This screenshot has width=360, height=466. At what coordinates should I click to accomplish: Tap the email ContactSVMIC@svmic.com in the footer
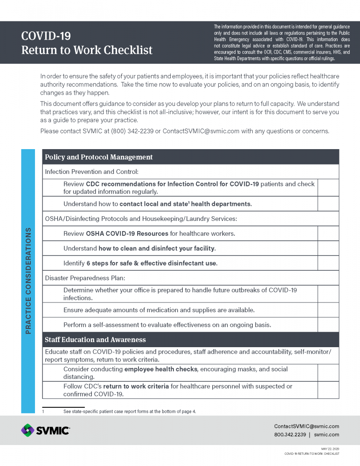(306, 426)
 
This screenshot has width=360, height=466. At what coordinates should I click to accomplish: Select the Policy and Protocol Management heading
(99, 157)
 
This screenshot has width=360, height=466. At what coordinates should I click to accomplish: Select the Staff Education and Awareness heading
(95, 340)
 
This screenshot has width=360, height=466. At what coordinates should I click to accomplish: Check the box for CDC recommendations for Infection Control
(328, 187)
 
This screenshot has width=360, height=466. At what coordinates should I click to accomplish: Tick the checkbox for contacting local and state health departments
(328, 204)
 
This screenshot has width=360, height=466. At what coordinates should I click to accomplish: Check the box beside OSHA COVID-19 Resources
(328, 233)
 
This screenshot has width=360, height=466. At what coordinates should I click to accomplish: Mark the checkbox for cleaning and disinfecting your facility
(328, 248)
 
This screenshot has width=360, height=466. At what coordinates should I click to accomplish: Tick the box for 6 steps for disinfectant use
(328, 263)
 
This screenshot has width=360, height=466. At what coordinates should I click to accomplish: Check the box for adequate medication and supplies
(328, 310)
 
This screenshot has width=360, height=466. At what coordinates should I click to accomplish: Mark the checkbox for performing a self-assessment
(328, 324)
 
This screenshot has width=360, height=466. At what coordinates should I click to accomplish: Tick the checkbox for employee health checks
(328, 373)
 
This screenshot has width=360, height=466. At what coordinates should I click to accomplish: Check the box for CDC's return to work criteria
(328, 390)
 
